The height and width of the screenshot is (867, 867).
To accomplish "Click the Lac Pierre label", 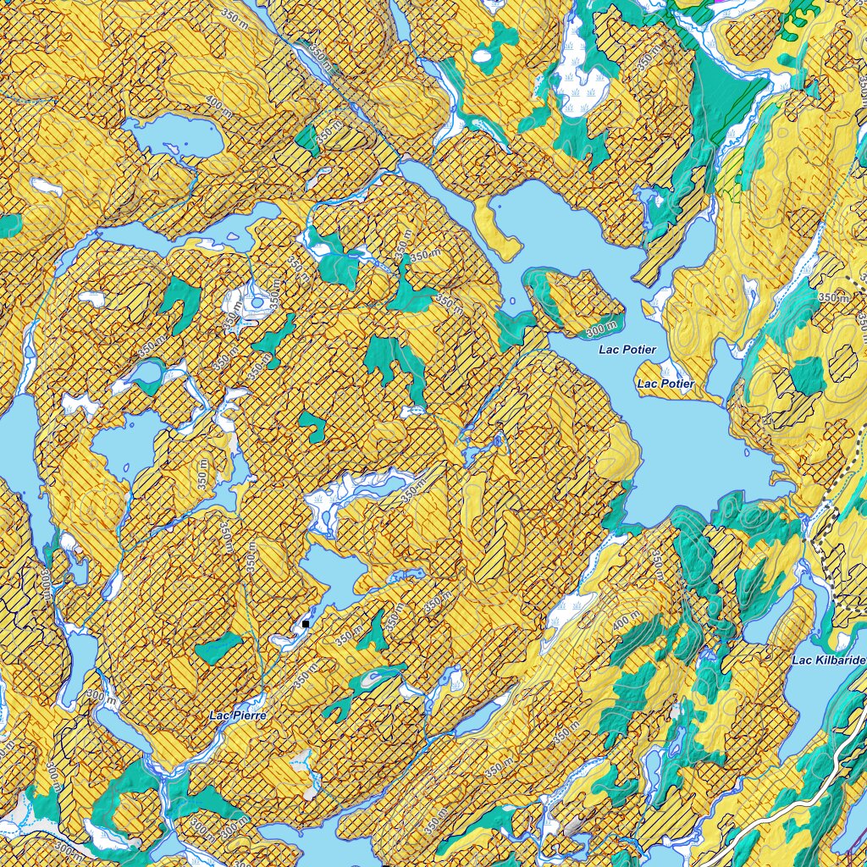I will tap(238, 715).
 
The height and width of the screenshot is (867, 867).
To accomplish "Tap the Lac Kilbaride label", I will tap(829, 660).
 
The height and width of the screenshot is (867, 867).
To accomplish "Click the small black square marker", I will tap(306, 624).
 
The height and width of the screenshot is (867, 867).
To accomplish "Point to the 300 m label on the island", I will tap(600, 324).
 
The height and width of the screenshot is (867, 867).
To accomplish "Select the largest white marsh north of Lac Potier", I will tap(581, 76).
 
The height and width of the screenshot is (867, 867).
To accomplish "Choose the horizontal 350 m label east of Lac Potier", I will tap(833, 298).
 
